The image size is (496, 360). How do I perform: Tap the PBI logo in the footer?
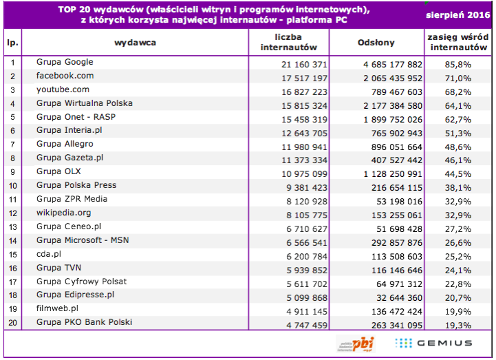coord(355,343)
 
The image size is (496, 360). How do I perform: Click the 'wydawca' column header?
coord(135,43)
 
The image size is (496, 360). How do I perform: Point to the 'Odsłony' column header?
coord(376,43)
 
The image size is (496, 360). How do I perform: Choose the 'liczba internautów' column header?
coord(289,43)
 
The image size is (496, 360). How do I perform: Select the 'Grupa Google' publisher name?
coord(65,63)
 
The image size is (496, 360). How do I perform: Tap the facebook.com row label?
coord(65,76)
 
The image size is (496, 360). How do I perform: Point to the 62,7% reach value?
coord(455,118)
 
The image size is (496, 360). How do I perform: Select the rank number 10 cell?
coord(12,186)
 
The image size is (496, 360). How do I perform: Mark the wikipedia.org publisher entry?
coord(63,213)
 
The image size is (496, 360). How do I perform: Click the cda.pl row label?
coord(50,254)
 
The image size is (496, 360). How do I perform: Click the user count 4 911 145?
coord(299,309)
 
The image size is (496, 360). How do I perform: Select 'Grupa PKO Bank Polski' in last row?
coord(84,322)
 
